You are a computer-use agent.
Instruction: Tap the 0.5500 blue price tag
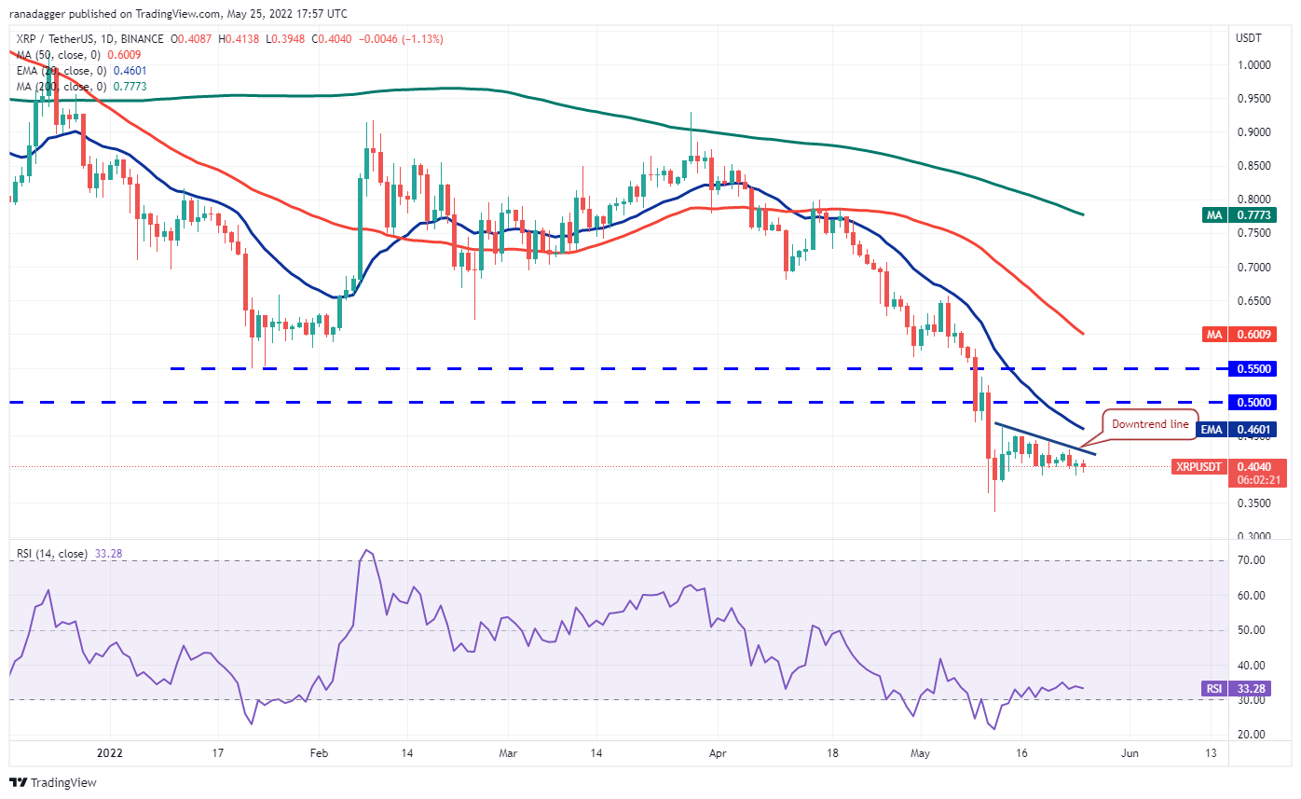(x=1248, y=369)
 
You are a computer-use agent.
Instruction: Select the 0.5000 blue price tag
(x=1248, y=403)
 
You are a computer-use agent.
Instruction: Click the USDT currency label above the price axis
(x=1248, y=38)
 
